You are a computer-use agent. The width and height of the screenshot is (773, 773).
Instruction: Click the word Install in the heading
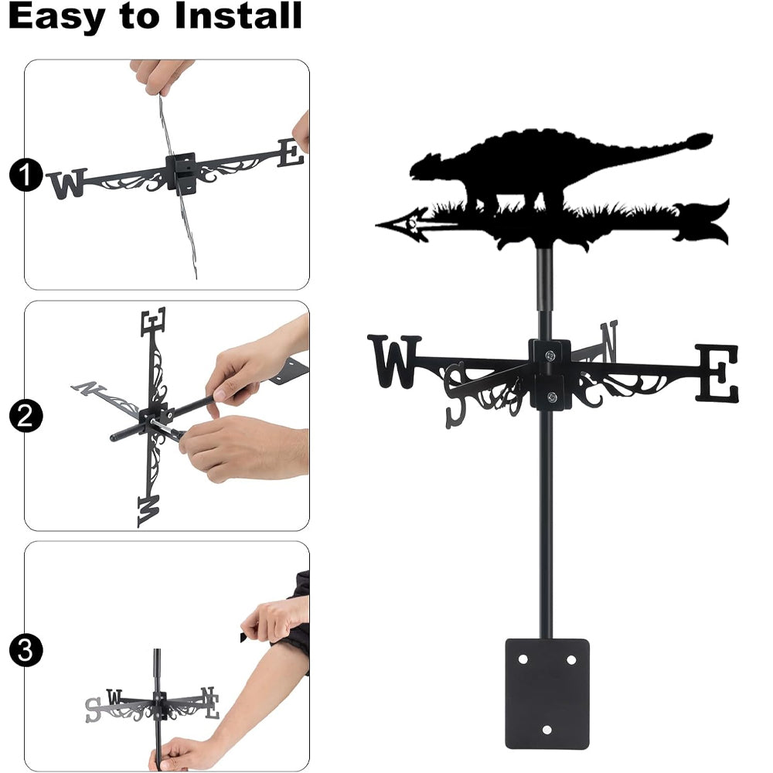tap(238, 15)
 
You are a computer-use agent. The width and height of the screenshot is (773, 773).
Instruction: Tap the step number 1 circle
tap(26, 175)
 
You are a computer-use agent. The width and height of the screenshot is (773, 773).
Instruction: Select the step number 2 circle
tap(26, 416)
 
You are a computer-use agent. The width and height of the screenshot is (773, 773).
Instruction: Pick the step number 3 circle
tap(26, 650)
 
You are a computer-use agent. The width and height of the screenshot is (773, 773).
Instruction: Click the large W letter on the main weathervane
tap(394, 361)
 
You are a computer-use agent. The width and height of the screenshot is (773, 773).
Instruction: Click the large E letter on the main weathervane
tap(717, 373)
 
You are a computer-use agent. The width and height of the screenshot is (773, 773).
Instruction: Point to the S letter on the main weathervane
tap(456, 394)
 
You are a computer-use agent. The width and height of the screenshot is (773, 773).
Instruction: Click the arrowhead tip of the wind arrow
tap(376, 225)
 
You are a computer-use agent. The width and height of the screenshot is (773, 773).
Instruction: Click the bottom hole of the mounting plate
tap(547, 730)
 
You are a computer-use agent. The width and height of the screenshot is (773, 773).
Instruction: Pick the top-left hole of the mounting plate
tap(523, 659)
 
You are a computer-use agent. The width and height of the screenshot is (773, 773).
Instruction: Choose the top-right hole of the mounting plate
tap(571, 659)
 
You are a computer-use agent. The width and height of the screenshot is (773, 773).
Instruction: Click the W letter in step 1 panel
tap(68, 183)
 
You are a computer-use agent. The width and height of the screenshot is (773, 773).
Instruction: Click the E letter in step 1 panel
tap(291, 153)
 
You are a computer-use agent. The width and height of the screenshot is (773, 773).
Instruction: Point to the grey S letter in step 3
tap(93, 710)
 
